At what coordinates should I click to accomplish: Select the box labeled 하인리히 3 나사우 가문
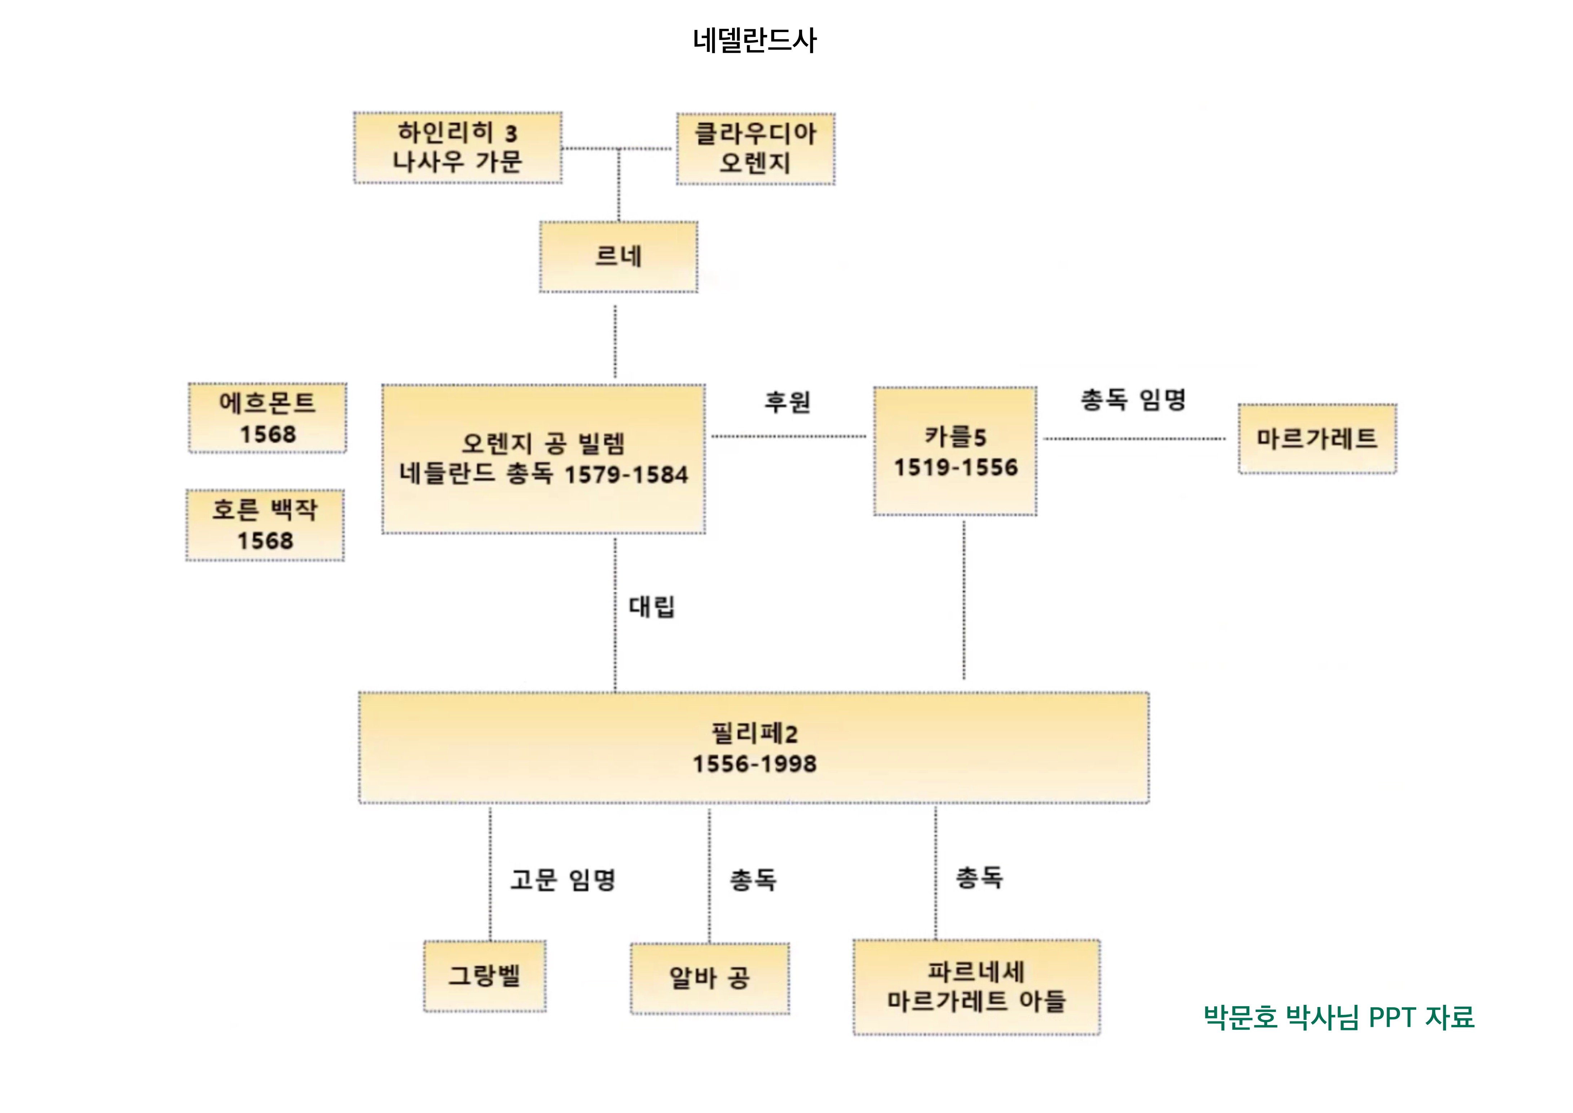458,148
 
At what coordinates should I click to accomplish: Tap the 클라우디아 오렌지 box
755,149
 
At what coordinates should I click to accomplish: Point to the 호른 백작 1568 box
265,525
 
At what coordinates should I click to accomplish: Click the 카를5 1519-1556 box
955,451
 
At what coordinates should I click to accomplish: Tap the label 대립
652,607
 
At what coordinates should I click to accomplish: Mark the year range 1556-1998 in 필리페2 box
754,764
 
